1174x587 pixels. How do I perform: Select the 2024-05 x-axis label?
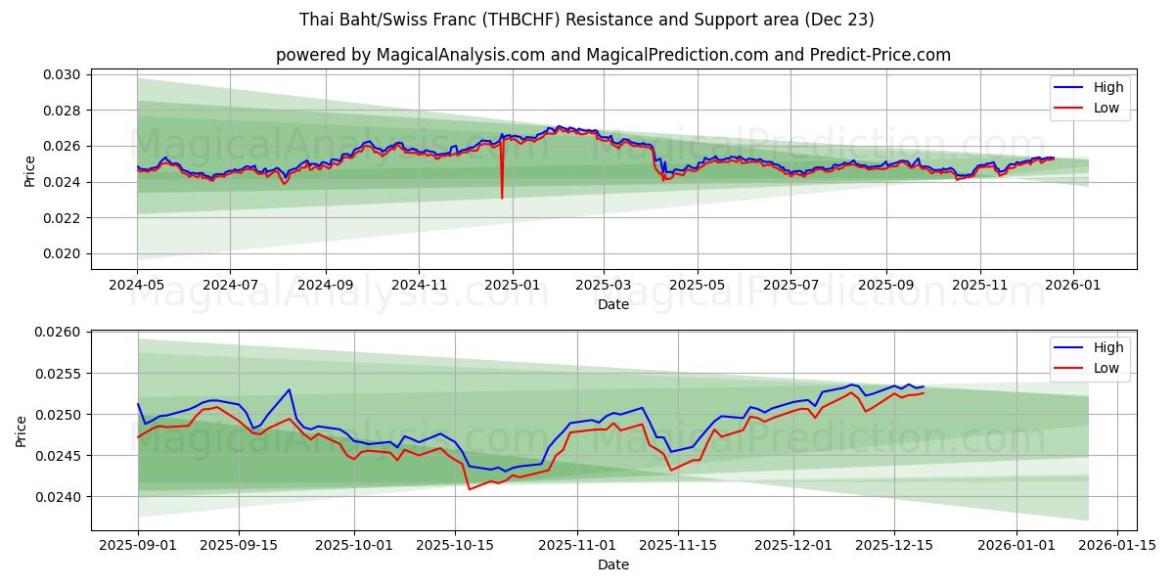click(137, 285)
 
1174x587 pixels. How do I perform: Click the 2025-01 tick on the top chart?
click(511, 285)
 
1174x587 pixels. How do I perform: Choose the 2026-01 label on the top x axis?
click(1073, 285)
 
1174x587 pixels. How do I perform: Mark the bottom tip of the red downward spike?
click(502, 199)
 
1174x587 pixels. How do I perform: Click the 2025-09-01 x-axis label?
click(137, 545)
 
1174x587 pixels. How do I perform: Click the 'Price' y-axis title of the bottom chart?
click(23, 431)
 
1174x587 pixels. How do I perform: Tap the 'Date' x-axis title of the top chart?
click(612, 304)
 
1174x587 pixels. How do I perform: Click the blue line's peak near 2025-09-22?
click(290, 389)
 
